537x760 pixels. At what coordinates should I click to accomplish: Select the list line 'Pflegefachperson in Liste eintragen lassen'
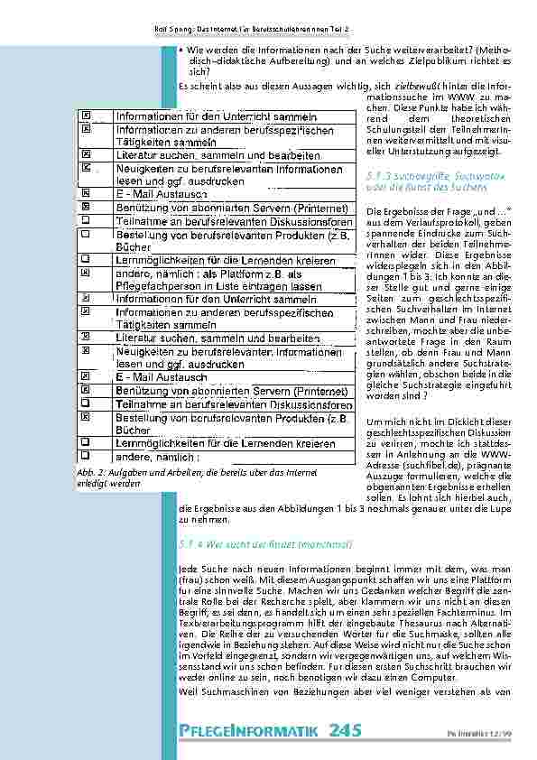pyautogui.click(x=219, y=286)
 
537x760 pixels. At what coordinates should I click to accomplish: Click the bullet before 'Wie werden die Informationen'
pyautogui.click(x=182, y=51)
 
